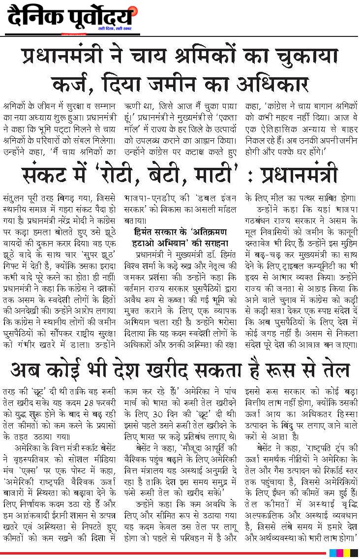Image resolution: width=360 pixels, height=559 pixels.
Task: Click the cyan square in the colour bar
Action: pos(333,554)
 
